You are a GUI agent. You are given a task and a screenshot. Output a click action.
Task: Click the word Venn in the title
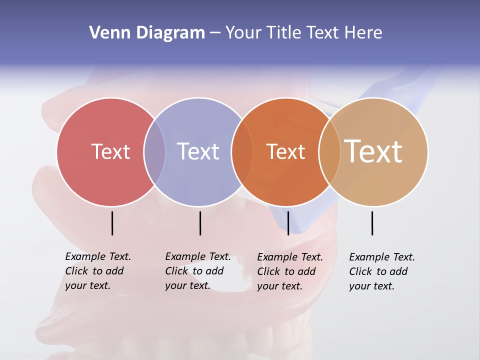[x=107, y=33]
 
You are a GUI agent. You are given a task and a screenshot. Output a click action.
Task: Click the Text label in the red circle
[x=110, y=151]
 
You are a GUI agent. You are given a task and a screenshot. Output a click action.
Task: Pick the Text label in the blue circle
[x=198, y=151]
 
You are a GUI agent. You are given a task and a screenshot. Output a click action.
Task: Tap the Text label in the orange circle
[x=285, y=151]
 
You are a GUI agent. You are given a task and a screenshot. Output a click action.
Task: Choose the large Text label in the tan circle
[x=373, y=151]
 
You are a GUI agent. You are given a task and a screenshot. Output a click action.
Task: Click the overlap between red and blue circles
[x=154, y=151]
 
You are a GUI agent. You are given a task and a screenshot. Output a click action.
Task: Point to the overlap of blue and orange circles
[x=238, y=151]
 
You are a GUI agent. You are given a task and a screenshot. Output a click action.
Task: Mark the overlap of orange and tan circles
[x=329, y=151]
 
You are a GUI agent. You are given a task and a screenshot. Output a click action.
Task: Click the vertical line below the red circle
[x=112, y=223]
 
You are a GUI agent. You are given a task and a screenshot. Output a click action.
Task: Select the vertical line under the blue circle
[x=200, y=223]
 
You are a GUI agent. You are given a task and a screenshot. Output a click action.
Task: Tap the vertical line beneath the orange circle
[x=288, y=223]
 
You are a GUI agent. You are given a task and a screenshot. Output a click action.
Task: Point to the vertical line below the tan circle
[x=372, y=223]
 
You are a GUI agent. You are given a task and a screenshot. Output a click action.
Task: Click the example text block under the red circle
[x=97, y=271]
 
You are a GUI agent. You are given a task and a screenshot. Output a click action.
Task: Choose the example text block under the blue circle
[x=197, y=271]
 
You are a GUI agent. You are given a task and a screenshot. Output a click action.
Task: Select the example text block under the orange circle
[x=289, y=271]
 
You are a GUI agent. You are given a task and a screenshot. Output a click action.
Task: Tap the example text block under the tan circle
[x=381, y=271]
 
